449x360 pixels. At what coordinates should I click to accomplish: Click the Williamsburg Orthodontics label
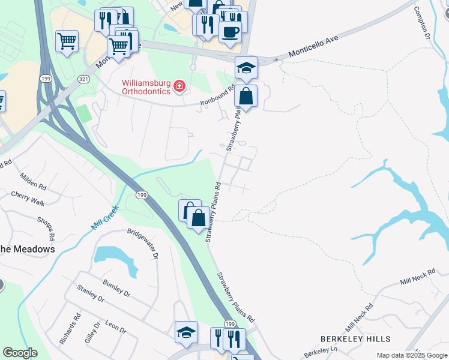click(146, 87)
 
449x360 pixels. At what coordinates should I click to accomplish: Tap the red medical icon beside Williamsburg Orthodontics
click(179, 88)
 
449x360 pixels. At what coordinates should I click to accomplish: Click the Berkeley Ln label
click(321, 350)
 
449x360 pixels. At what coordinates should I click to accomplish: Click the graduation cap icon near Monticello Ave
click(246, 67)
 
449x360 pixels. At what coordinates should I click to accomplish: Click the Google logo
click(20, 353)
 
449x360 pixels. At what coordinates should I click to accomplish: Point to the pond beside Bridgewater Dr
click(114, 257)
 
